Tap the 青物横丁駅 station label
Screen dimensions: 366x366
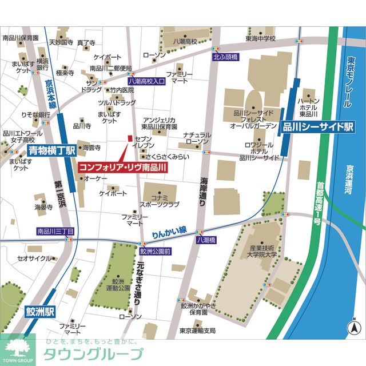51,151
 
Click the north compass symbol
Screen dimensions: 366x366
354,328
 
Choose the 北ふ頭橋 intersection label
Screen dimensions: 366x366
225,57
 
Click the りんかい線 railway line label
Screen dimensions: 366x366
169,230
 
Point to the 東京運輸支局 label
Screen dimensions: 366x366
197,331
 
